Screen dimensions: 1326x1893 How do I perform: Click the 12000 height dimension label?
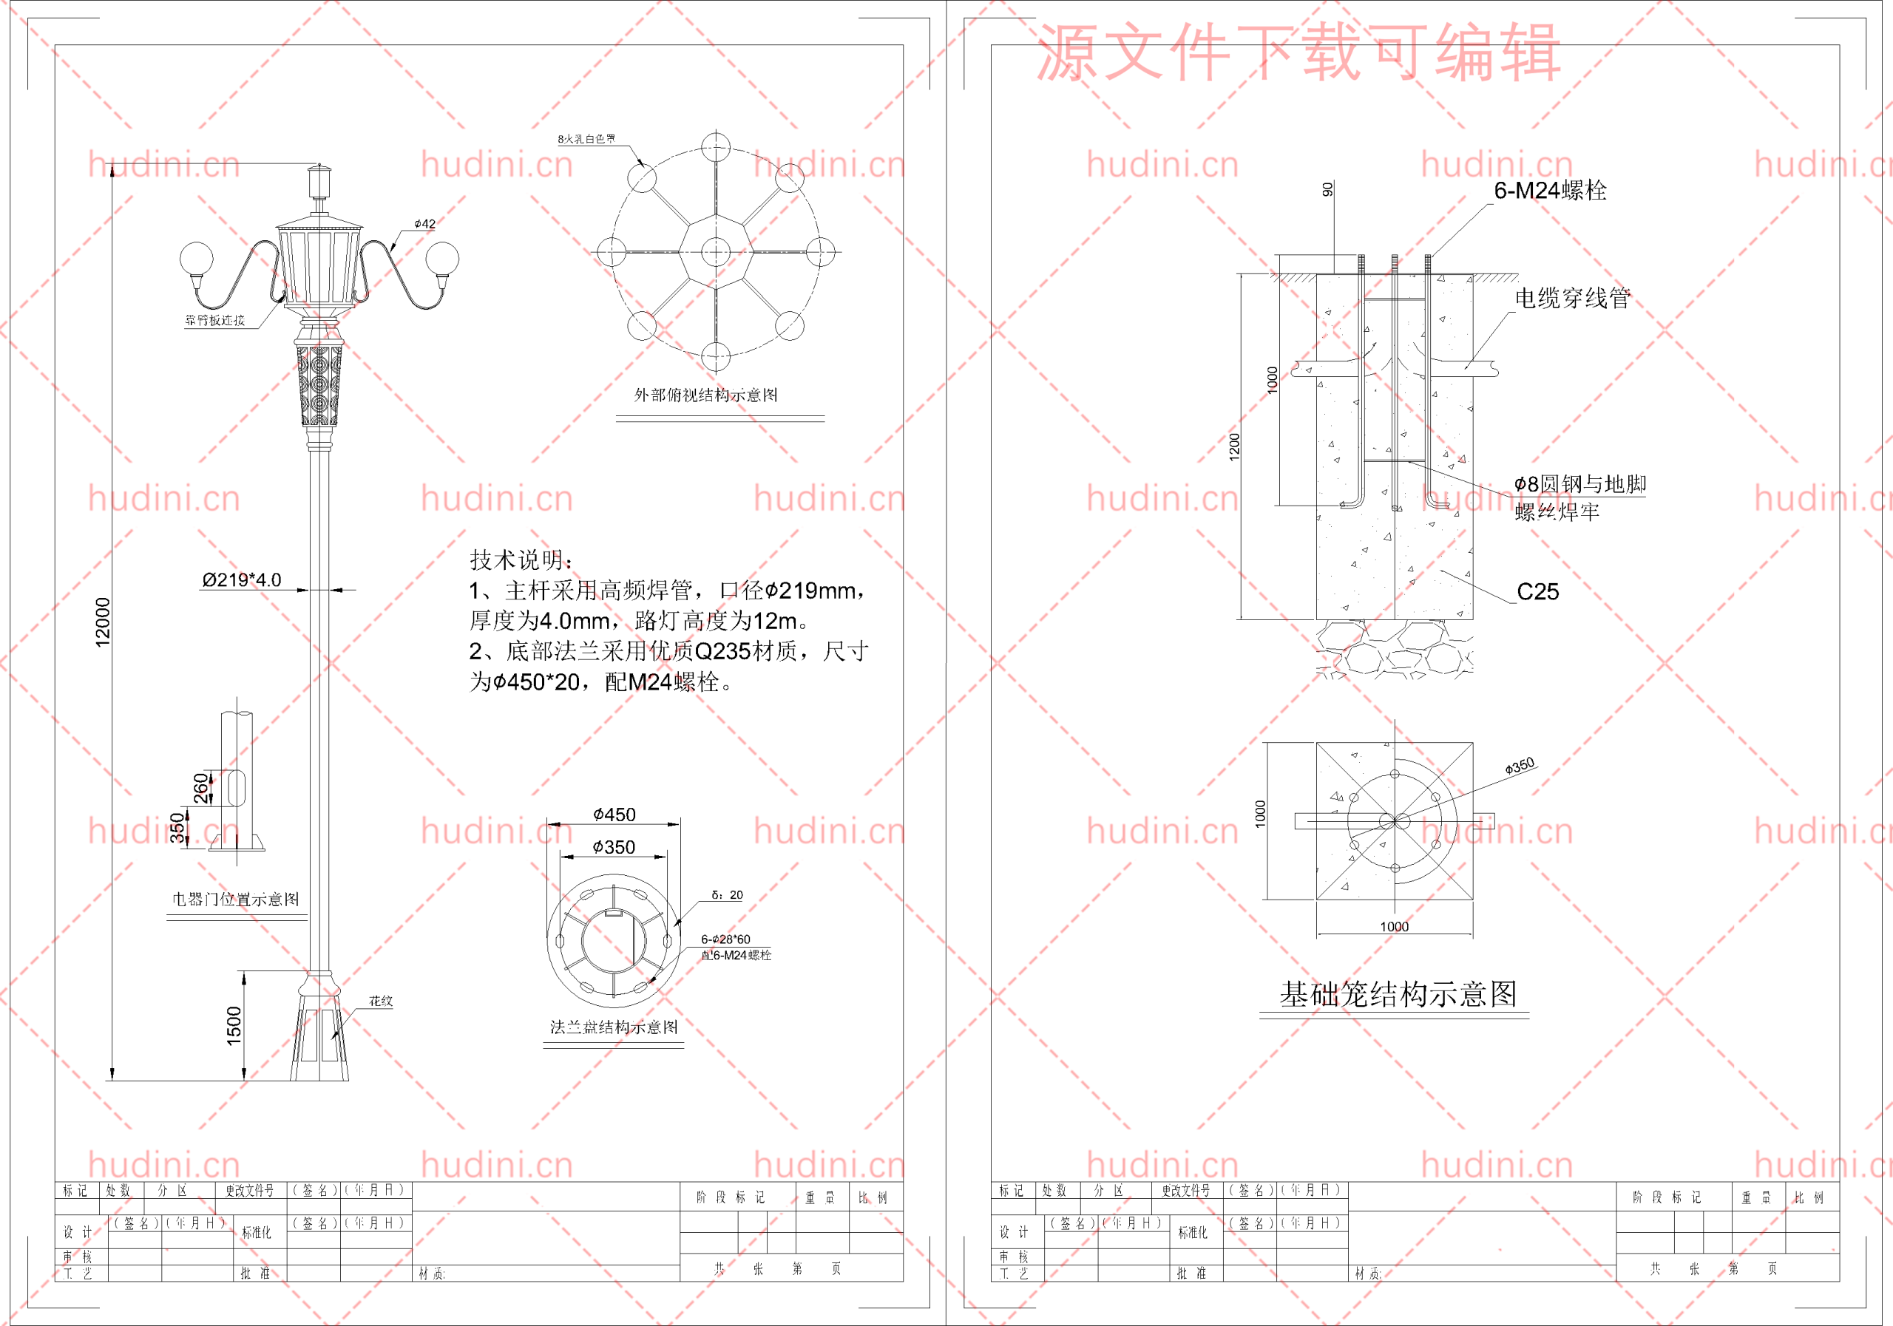[x=102, y=622]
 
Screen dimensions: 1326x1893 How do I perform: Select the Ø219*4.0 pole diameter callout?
[x=242, y=580]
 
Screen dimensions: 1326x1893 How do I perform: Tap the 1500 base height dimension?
[x=234, y=1026]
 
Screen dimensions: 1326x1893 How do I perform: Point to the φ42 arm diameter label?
[x=424, y=224]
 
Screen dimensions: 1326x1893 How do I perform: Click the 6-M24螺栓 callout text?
[x=1550, y=191]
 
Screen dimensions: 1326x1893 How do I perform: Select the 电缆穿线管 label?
[x=1572, y=299]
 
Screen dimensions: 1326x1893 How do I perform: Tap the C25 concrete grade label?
[x=1537, y=592]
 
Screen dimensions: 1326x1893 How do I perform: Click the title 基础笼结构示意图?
[x=1398, y=994]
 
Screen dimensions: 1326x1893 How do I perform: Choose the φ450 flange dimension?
[x=614, y=815]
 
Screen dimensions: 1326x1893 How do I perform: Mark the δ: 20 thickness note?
[x=726, y=895]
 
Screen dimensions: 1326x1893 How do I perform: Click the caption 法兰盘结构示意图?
[x=614, y=1027]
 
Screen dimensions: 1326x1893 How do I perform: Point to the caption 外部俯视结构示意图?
[x=705, y=395]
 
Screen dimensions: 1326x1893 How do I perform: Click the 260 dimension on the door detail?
[x=201, y=788]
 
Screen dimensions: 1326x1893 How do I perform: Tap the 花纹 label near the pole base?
[x=381, y=1002]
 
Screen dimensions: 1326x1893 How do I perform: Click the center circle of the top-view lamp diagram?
[x=715, y=251]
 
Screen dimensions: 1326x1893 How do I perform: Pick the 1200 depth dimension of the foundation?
[x=1234, y=446]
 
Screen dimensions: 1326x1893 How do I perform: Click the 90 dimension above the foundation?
[x=1327, y=189]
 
